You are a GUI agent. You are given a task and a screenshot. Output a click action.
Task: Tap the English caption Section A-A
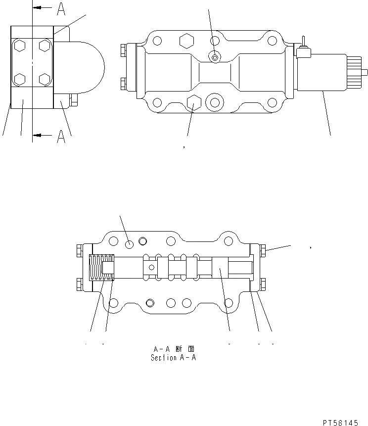click(173, 358)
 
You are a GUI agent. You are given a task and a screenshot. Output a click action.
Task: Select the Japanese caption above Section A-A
click(173, 349)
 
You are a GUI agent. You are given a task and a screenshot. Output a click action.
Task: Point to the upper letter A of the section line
click(61, 8)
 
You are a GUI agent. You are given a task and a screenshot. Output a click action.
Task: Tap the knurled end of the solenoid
click(355, 72)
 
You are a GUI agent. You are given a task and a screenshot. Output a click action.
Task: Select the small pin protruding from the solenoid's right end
click(365, 72)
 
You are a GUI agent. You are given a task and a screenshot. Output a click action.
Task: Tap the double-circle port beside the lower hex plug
click(214, 101)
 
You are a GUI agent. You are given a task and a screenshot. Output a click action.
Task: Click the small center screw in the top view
click(214, 57)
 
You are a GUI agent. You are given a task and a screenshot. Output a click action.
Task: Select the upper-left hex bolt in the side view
click(20, 46)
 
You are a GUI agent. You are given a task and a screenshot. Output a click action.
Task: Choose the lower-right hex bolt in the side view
click(45, 79)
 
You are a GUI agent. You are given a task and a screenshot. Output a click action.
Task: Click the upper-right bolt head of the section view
click(263, 251)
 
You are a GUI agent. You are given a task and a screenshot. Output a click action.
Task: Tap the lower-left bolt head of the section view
click(79, 284)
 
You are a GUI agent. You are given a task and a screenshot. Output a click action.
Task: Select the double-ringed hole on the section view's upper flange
click(143, 241)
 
